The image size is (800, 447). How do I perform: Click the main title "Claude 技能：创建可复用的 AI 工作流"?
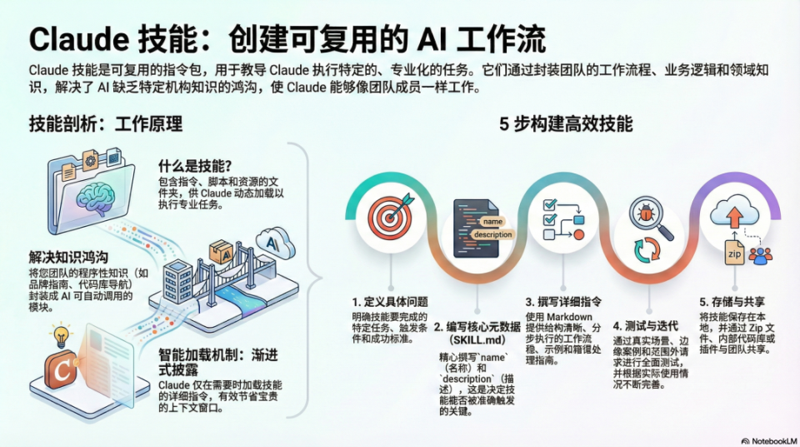[287, 39]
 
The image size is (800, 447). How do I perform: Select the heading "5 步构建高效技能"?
[566, 125]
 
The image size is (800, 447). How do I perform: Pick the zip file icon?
[733, 254]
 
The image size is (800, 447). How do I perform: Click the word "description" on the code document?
[492, 235]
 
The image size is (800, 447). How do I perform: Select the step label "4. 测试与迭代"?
[645, 325]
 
